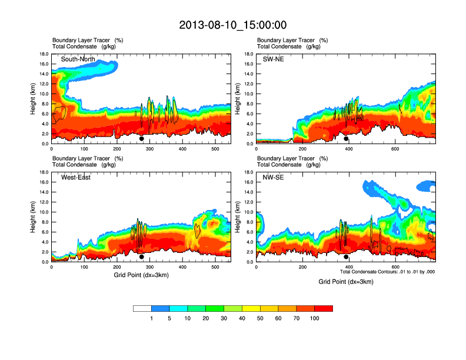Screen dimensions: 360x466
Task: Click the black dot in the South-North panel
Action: click(142, 139)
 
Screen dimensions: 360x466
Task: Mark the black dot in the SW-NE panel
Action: click(346, 139)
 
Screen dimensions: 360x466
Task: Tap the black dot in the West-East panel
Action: click(142, 257)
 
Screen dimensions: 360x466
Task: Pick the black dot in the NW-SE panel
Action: click(346, 257)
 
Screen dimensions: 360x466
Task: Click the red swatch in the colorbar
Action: click(324, 308)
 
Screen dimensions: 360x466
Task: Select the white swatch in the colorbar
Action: click(142, 308)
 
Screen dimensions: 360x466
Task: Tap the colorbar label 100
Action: click(315, 318)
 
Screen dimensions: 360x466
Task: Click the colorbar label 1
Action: click(152, 318)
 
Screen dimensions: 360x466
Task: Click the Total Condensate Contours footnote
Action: click(388, 272)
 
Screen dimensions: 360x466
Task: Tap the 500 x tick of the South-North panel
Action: click(215, 149)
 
